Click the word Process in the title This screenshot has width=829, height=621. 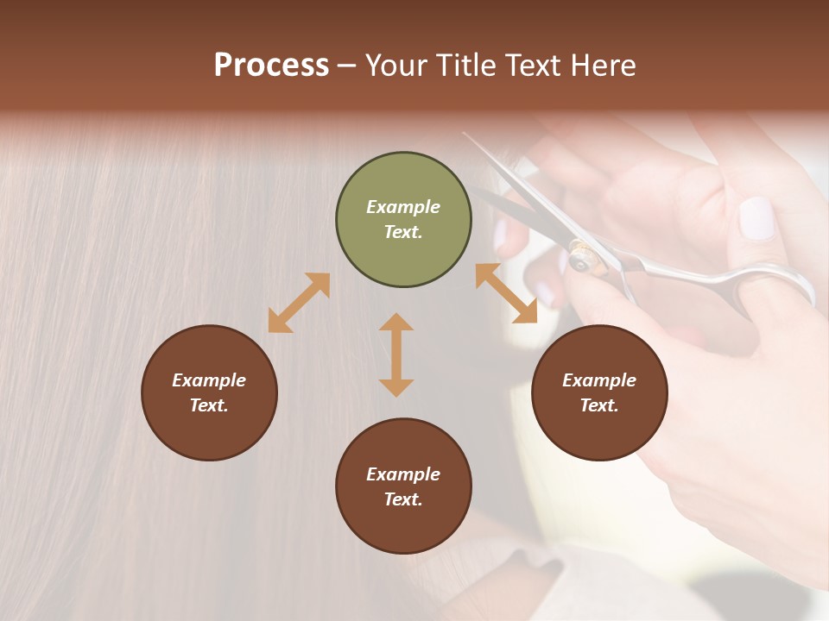click(271, 66)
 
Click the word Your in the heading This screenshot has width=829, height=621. click(397, 66)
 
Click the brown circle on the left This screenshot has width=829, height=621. click(209, 392)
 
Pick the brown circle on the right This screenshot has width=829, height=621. click(599, 392)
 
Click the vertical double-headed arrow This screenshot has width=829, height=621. click(396, 354)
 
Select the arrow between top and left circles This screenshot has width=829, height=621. click(299, 303)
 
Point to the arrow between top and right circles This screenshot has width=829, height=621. click(506, 293)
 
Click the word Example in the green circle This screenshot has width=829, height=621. click(403, 207)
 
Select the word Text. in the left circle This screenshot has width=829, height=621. click(209, 405)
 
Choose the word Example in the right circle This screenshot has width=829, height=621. click(599, 380)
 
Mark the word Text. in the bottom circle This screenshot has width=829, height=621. click(403, 499)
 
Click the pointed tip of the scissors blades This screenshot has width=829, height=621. click(465, 135)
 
